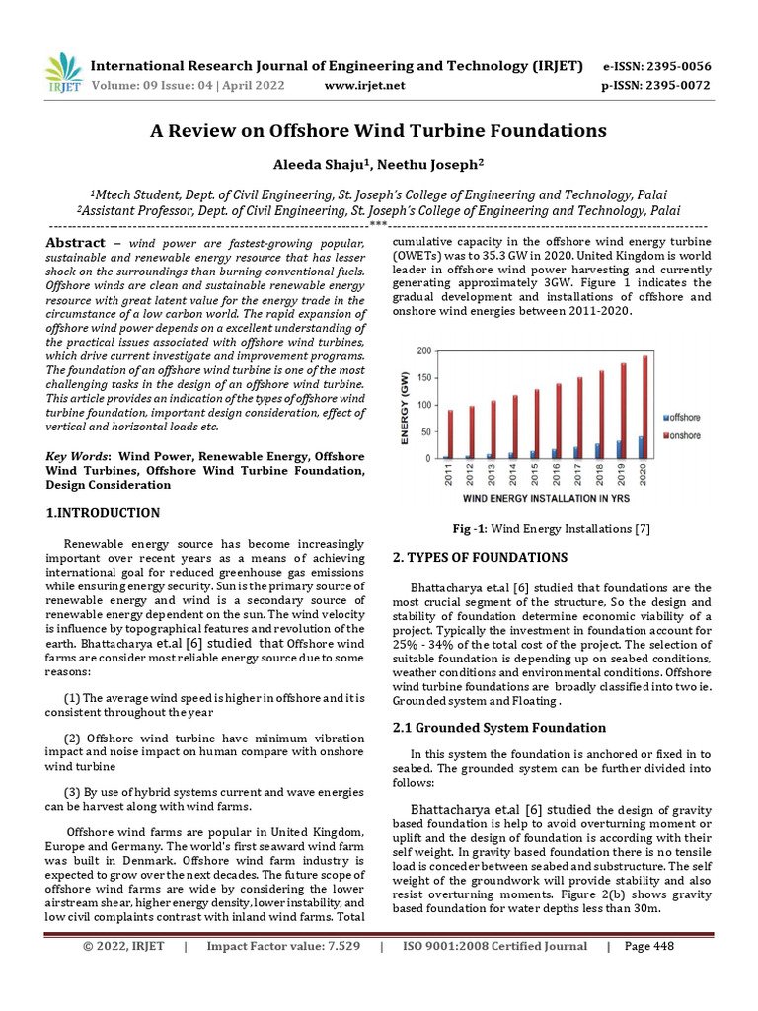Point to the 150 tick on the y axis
[423, 377]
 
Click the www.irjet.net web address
[364, 86]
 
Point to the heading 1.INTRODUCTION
[103, 513]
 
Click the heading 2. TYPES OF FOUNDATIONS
[480, 557]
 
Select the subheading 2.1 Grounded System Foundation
[499, 728]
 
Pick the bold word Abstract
[76, 243]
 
